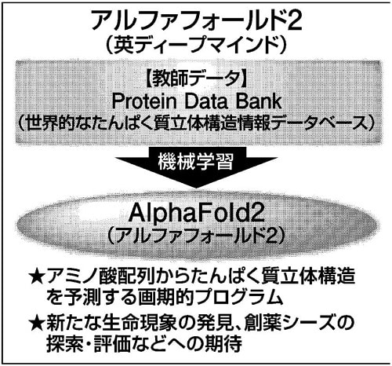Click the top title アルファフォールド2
click(197, 20)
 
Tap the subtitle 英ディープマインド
click(196, 45)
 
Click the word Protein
click(144, 101)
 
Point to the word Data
click(205, 101)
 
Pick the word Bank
click(259, 101)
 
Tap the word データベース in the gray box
click(320, 123)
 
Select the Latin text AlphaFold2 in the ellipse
click(196, 214)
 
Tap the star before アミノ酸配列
click(37, 276)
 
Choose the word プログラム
click(240, 298)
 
